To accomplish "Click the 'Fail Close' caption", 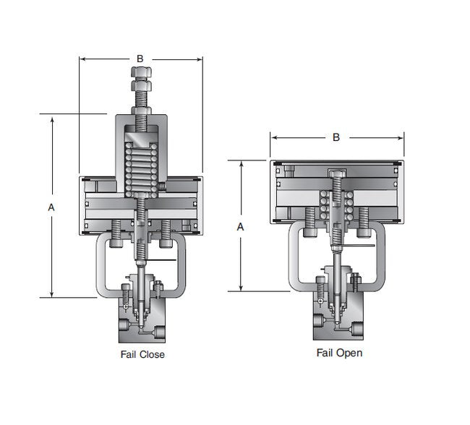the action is coord(142,355).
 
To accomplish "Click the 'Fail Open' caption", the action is coord(339,353).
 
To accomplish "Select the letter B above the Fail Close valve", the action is coord(140,59).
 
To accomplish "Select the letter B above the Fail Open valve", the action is coord(336,137).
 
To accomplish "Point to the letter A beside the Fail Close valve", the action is coord(51,207).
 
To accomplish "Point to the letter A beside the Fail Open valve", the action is coord(240,227).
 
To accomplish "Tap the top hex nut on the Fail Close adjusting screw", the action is coord(141,72).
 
